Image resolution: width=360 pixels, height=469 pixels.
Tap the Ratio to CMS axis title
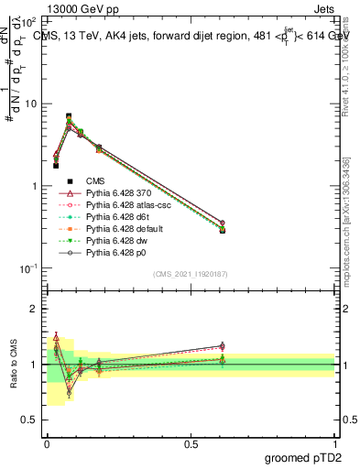[x=15, y=365]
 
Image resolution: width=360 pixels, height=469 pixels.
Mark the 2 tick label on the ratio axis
[x=33, y=309]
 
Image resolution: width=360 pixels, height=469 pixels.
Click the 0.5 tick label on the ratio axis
[x=28, y=420]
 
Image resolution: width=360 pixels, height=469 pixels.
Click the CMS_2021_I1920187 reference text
[x=190, y=273]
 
